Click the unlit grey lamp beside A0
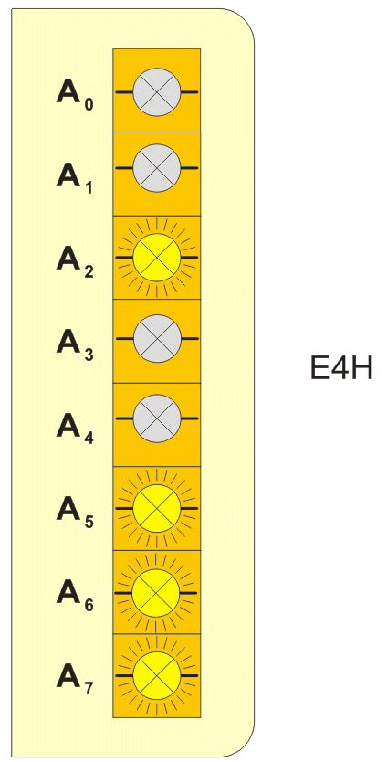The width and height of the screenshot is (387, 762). tap(157, 92)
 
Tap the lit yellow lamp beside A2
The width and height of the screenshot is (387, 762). tap(157, 257)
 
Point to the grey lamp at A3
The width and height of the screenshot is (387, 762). tap(157, 338)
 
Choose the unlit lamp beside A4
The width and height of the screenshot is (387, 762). tap(157, 418)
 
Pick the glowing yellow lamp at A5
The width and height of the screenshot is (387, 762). tap(157, 508)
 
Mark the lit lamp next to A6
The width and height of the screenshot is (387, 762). tap(157, 593)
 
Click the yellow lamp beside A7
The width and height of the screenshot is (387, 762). tap(157, 676)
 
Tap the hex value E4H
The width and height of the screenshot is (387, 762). tap(341, 369)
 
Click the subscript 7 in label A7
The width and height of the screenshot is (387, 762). tap(89, 689)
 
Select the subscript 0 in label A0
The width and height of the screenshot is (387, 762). tap(89, 103)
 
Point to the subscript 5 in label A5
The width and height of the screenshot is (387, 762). tap(89, 522)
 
